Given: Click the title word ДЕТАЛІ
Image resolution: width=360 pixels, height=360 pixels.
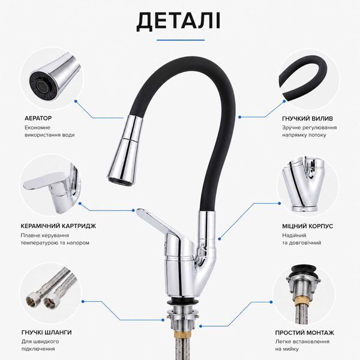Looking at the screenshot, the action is [x=178, y=22].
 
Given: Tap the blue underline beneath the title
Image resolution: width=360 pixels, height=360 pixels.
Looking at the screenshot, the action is [x=181, y=40].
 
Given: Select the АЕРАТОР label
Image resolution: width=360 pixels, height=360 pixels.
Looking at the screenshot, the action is [x=38, y=118].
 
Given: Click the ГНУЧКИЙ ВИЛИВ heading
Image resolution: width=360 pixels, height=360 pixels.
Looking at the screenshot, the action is [x=307, y=119].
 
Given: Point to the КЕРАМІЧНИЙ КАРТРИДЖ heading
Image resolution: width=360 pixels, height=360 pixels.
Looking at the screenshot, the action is [x=59, y=226].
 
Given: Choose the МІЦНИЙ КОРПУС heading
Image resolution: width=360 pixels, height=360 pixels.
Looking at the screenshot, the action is [x=308, y=226].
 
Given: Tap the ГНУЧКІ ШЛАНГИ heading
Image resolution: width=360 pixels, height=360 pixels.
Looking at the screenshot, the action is [x=47, y=332].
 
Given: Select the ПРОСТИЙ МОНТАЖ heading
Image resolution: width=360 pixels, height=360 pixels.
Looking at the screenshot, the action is [x=305, y=332].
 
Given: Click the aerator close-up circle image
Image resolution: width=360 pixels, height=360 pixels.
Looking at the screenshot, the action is [x=52, y=78].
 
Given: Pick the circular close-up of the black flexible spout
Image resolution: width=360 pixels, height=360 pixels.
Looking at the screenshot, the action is [x=308, y=78].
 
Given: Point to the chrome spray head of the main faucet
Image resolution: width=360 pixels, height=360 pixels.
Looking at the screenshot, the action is [x=125, y=149].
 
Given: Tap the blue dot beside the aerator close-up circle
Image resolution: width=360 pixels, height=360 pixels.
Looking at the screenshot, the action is [x=76, y=101].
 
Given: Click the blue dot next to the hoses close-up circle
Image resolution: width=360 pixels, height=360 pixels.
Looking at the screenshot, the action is [x=83, y=301].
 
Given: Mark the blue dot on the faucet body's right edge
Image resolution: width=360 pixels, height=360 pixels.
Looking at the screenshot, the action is [x=220, y=239].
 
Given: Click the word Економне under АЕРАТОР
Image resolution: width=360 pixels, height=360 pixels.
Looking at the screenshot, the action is [x=37, y=128].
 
